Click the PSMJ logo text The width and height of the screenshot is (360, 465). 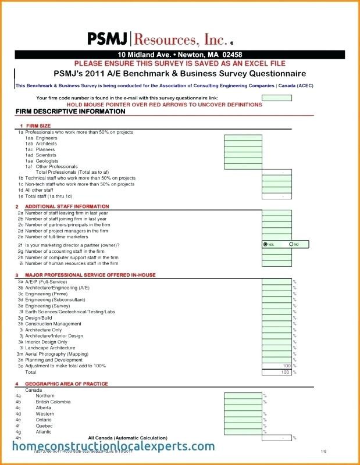[109, 39]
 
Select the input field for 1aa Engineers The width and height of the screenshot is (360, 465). [243, 138]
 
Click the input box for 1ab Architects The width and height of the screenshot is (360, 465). [243, 144]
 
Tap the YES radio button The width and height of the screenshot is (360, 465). [266, 245]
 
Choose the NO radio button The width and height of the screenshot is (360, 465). [291, 245]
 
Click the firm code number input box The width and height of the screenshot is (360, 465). [276, 98]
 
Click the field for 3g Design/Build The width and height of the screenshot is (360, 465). [276, 318]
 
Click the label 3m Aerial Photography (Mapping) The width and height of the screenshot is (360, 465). [54, 354]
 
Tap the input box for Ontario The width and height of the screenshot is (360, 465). [243, 420]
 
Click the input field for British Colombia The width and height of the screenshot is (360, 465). [243, 402]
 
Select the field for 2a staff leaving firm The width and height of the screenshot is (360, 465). [276, 213]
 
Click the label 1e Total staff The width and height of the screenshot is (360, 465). [45, 196]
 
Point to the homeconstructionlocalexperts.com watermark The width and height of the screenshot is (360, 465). [108, 446]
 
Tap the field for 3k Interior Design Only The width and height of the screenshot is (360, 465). [276, 342]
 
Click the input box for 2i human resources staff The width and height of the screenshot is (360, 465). [276, 263]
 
